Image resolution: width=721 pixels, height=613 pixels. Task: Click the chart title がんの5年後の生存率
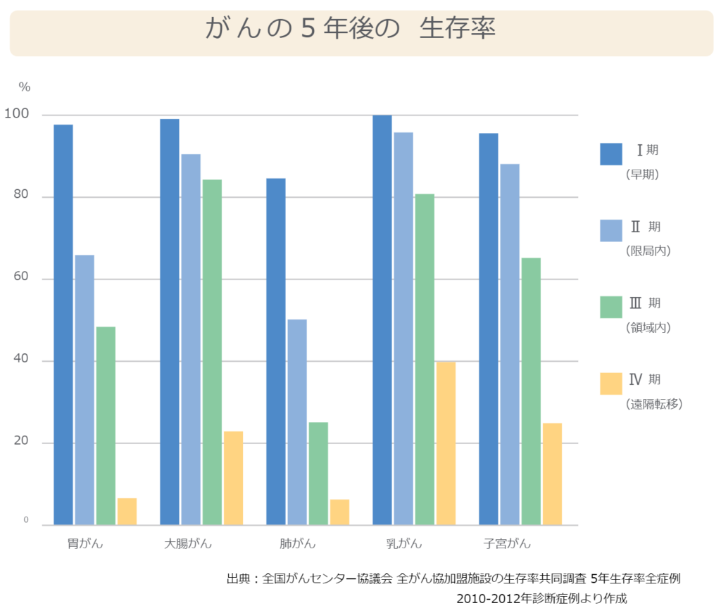pos(351,30)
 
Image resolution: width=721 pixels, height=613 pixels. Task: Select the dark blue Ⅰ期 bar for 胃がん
pos(63,324)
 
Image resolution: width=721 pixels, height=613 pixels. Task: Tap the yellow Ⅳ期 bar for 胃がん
pos(127,512)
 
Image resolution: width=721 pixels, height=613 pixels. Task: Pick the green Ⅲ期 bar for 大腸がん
pos(212,352)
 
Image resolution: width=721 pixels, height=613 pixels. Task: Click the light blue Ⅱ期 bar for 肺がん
pos(297,422)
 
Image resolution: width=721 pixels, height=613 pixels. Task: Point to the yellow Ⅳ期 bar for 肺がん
pos(339,512)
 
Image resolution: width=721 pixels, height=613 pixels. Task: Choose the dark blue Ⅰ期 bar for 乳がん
pos(382,320)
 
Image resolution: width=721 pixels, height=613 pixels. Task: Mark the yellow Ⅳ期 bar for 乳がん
pos(446,443)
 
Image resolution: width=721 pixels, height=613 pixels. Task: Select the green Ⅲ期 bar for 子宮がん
pos(531,391)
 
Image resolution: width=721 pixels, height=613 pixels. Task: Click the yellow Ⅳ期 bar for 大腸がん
pos(233,478)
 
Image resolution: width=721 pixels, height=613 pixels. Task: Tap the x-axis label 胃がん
pos(84,543)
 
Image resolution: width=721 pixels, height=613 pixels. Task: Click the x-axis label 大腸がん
pos(188,543)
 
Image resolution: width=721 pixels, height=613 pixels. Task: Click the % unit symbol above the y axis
pos(25,87)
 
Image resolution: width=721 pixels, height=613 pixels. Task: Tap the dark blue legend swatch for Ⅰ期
pos(611,154)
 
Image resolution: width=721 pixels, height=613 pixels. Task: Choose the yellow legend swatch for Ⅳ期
pos(611,384)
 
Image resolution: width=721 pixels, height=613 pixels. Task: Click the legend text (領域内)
pos(648,327)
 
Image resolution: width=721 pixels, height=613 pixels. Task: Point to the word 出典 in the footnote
pos(239,579)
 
